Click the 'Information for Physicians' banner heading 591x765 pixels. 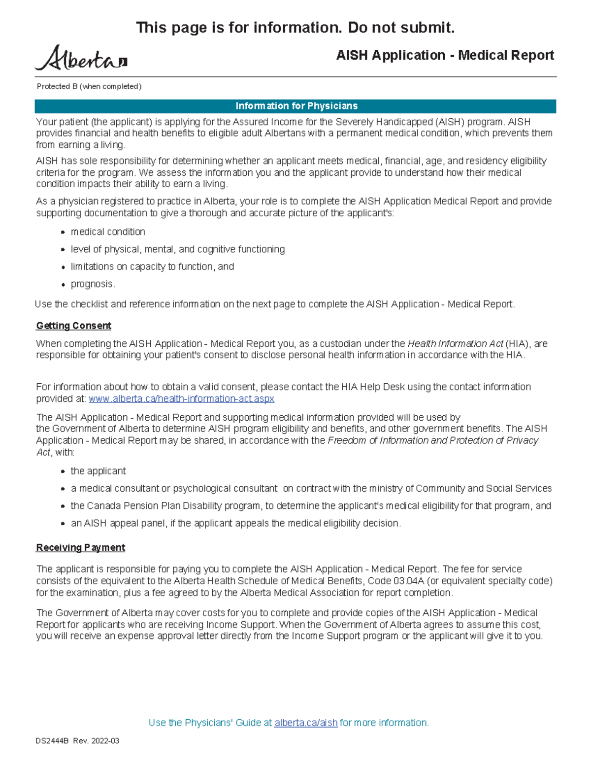coord(296,106)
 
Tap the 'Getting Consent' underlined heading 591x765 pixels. coord(73,326)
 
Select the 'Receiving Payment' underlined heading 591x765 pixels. coord(80,547)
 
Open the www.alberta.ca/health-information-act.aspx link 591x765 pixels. coord(181,399)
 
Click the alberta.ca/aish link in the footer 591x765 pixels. coord(306,723)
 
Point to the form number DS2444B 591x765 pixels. coord(52,741)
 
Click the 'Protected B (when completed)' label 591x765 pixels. coord(89,87)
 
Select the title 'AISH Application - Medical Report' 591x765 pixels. coord(445,55)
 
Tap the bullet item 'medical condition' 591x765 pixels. coord(108,232)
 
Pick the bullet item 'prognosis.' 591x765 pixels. coord(93,284)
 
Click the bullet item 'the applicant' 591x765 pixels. coord(98,471)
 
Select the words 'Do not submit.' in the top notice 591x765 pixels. coord(401,28)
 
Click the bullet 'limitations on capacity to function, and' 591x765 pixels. coord(152,266)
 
